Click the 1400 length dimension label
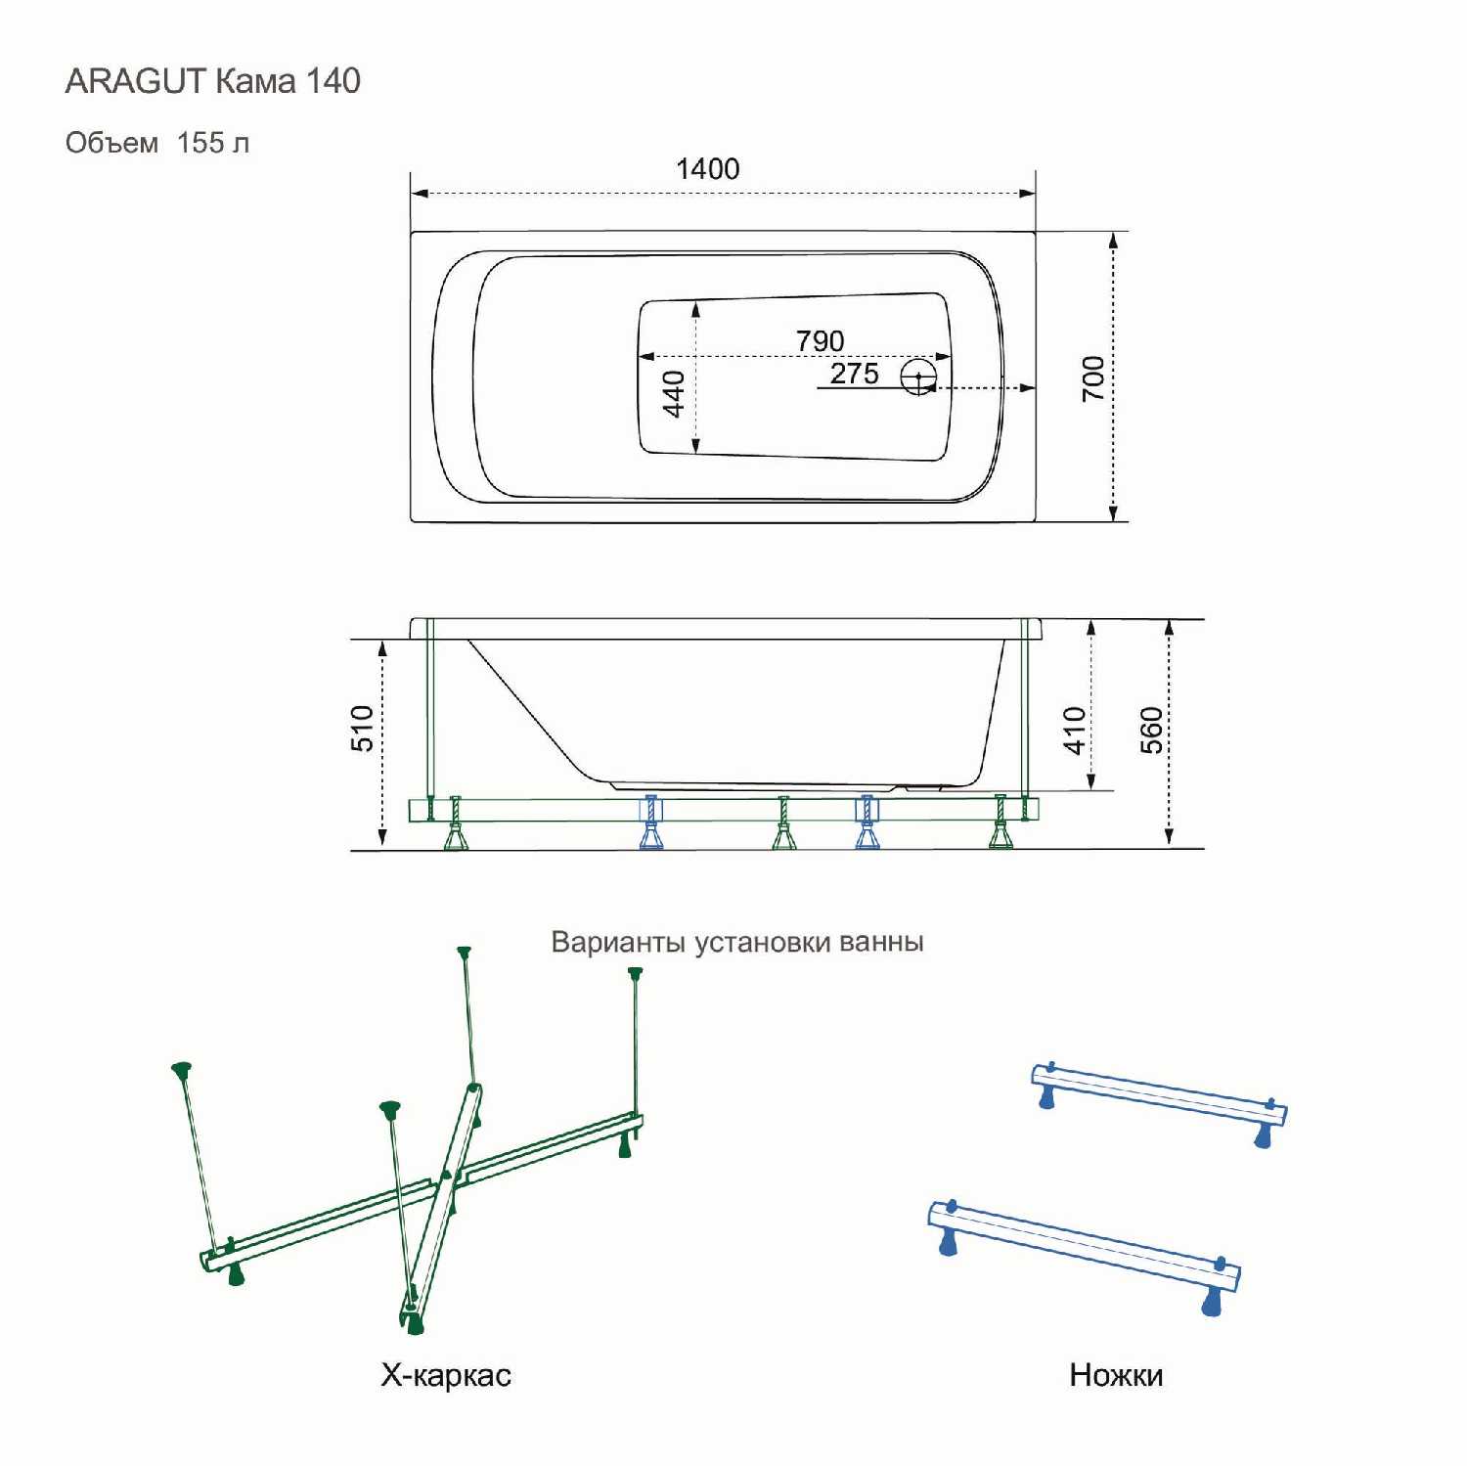pos(708,169)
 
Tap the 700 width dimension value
pos(1093,378)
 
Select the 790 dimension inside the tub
pos(820,340)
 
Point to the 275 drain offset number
pos(855,373)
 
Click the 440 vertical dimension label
pos(674,393)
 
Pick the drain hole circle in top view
pos(918,377)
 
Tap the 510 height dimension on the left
pos(362,728)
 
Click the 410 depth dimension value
pos(1075,731)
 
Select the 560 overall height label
pos(1152,731)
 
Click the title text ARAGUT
pos(136,81)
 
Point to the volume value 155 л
pos(213,143)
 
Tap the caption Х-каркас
pos(446,1375)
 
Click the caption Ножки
pos(1116,1375)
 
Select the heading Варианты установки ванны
pos(737,942)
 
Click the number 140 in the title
pos(333,81)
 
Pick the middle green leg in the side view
pos(783,822)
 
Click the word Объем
pos(111,143)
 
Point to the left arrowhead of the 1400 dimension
pos(420,193)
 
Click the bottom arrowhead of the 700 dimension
pos(1113,512)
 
